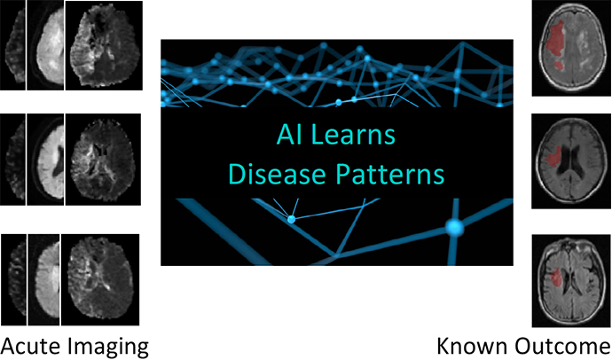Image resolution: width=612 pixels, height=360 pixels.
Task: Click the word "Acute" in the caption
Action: coord(30,346)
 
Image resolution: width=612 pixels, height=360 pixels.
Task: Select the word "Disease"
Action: coord(277,174)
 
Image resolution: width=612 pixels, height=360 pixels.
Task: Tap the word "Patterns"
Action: coord(390,174)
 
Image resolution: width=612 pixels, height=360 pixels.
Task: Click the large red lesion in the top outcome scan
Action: coord(555,38)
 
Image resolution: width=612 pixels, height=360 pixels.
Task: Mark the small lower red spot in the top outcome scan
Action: coord(560,65)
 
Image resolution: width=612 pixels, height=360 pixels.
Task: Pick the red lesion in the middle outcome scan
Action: coord(553,156)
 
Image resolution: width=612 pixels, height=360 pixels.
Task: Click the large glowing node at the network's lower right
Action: coord(454,227)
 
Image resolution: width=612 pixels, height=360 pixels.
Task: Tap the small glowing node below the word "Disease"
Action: coord(291,219)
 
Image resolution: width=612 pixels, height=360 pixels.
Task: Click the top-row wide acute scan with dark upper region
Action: coord(104,45)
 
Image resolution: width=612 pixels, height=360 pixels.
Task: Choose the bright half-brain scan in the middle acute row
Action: coord(45,160)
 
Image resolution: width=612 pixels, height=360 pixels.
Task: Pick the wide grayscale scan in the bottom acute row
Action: coord(100,279)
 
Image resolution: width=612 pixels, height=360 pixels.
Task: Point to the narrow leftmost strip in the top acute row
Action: coord(13,45)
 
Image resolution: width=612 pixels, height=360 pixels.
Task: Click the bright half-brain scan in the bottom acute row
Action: coord(43,279)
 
